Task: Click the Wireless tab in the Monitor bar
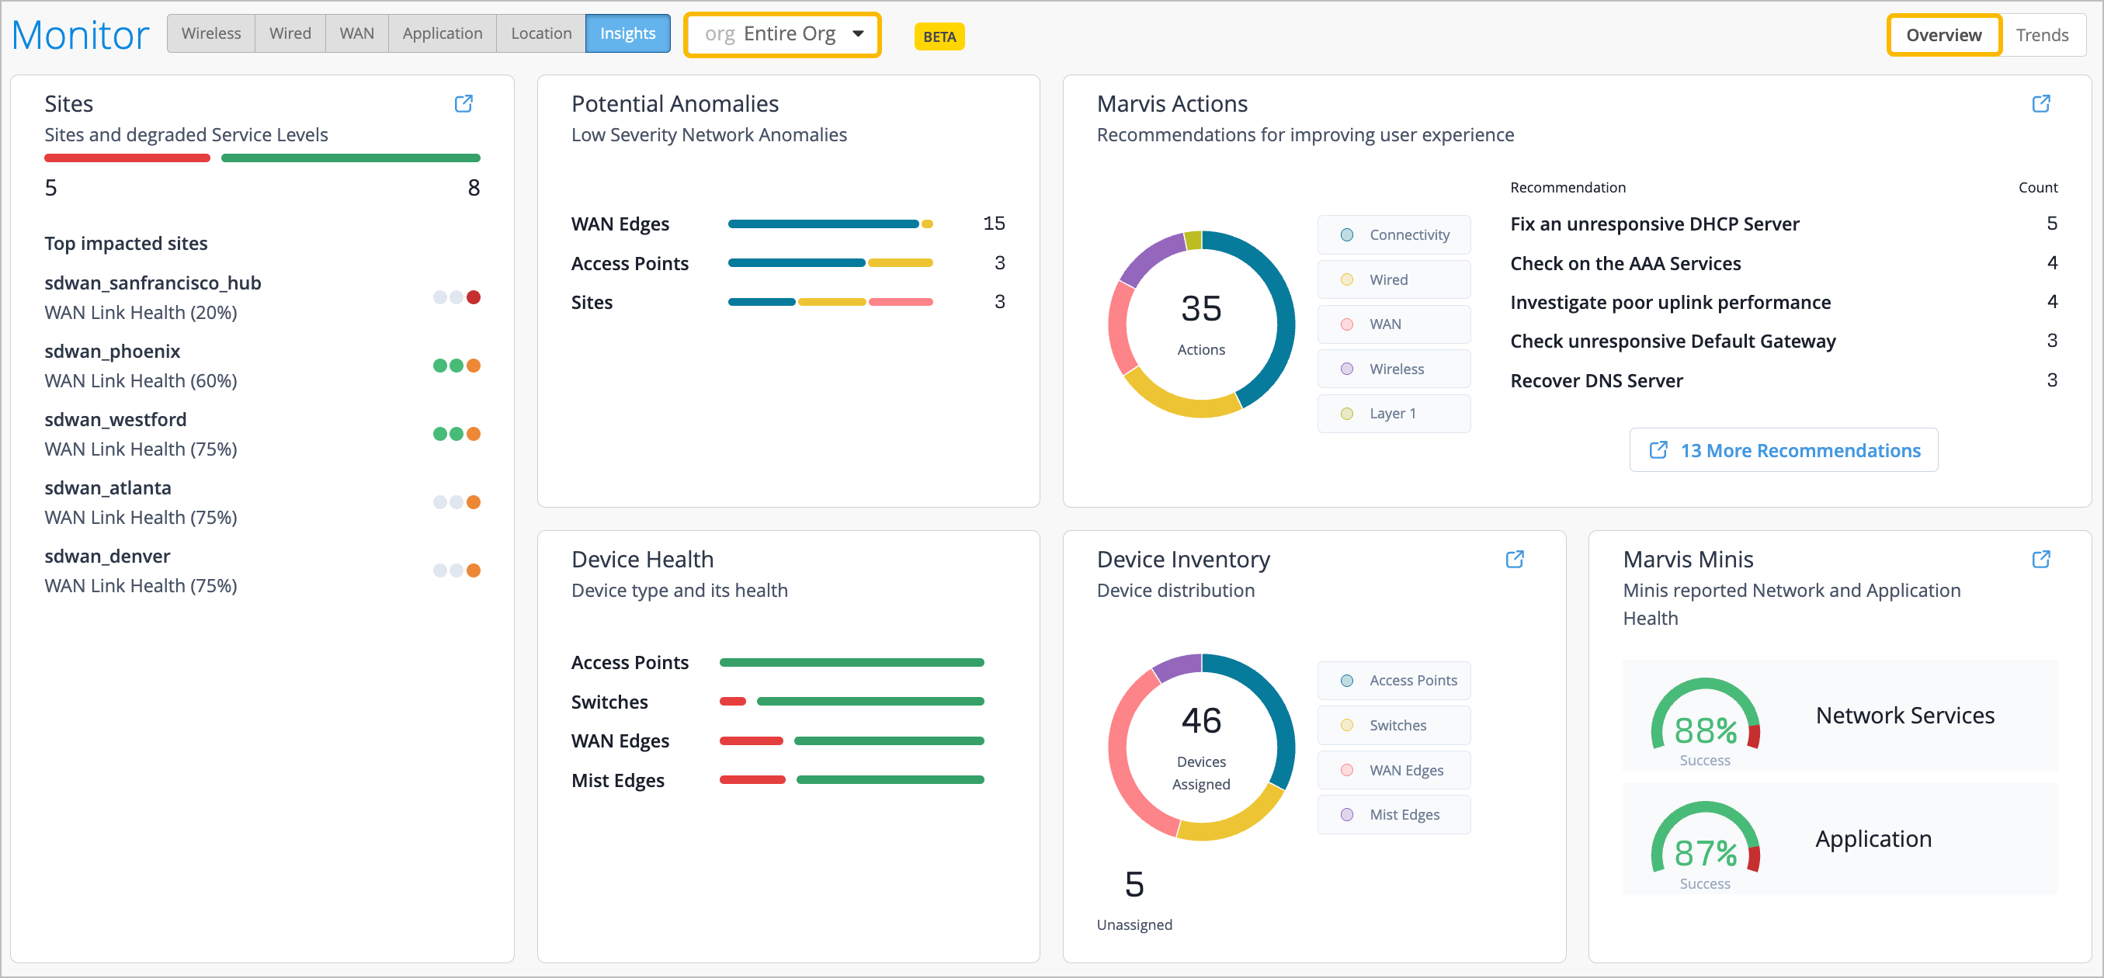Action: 210,33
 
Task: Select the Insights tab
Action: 627,33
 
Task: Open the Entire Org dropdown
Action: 783,34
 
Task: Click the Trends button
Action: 2041,35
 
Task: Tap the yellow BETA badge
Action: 939,36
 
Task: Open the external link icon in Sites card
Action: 463,104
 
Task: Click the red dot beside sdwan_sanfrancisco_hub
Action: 474,297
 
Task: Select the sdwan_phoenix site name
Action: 112,351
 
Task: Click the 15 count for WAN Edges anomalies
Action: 993,224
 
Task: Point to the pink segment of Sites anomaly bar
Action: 901,302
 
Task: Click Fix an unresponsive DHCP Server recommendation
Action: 1654,224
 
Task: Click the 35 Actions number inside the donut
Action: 1200,310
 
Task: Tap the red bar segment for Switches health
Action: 733,701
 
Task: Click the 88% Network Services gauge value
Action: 1705,730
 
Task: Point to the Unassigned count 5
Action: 1134,884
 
